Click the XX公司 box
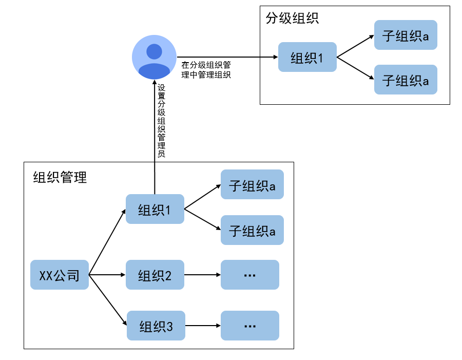click(x=60, y=275)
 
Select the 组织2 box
click(x=155, y=275)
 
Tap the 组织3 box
click(x=156, y=326)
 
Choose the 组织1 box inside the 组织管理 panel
click(x=155, y=209)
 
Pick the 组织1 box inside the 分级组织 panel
click(x=307, y=57)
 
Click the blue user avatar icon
click(x=154, y=57)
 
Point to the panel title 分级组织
click(x=292, y=18)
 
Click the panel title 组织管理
click(x=60, y=177)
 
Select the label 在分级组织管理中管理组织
click(x=206, y=70)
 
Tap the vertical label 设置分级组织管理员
click(x=161, y=120)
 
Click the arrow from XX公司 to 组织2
click(x=107, y=275)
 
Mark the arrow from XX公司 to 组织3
click(x=108, y=300)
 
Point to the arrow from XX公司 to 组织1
click(x=107, y=242)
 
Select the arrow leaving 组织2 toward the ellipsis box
click(x=202, y=275)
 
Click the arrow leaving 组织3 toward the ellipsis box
click(x=202, y=326)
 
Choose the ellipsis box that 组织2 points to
click(x=249, y=275)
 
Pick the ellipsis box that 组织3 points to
click(x=249, y=326)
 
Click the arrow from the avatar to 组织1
click(x=226, y=57)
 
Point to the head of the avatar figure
click(x=154, y=51)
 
